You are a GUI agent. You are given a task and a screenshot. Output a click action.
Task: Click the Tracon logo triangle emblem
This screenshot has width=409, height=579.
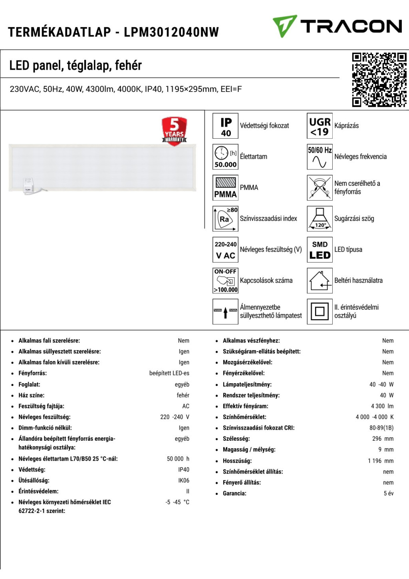284,26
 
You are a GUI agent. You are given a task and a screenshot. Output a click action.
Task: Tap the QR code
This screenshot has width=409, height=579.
379,80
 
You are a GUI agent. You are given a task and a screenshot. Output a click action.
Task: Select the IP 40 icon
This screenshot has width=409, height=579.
226,126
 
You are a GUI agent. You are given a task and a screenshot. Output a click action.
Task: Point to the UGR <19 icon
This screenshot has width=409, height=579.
320,126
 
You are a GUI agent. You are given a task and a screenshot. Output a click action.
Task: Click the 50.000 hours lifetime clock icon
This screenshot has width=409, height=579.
226,157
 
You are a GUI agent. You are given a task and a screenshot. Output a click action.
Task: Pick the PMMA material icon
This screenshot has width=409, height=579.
226,187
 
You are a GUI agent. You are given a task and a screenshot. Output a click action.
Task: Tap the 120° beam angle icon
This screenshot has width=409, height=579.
320,219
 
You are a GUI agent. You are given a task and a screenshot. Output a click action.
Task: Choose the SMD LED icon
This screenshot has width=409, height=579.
320,249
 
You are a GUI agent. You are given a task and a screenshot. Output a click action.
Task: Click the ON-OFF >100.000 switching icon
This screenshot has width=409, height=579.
226,281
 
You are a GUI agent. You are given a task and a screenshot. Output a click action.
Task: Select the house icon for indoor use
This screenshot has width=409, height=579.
320,281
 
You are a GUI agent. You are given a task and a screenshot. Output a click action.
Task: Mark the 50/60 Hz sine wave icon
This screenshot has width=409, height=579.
320,157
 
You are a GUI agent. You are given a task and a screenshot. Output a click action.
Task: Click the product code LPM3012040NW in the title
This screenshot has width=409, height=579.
171,32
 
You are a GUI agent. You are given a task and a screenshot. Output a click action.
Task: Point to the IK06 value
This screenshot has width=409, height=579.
184,480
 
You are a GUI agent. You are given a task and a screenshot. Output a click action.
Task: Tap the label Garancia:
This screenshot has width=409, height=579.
234,493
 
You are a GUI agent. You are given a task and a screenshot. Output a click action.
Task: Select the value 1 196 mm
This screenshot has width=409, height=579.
381,461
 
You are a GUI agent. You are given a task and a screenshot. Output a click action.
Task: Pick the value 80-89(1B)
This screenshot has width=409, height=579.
381,428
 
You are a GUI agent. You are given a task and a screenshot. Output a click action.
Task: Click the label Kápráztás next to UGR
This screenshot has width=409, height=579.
346,125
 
